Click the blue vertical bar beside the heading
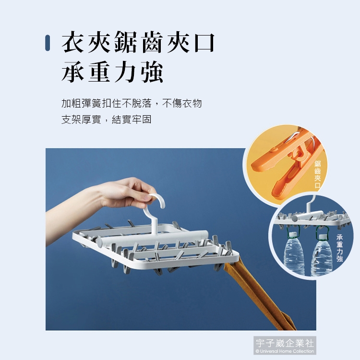(x=48, y=43)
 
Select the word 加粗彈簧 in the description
(x=81, y=103)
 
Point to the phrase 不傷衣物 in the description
(x=182, y=103)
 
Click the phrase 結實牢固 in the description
(x=132, y=120)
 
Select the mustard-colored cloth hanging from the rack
(x=259, y=296)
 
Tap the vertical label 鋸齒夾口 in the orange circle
(x=318, y=175)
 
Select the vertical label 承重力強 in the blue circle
(x=339, y=248)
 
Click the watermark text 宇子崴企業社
(x=285, y=343)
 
